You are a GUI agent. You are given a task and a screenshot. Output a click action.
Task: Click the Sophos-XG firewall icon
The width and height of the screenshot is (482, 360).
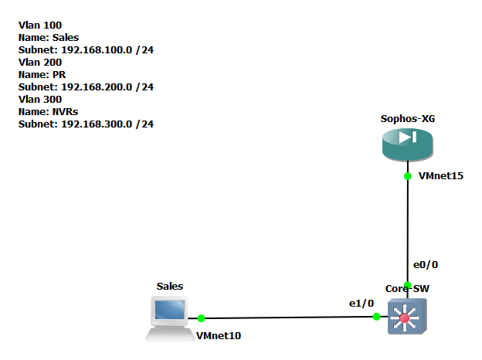[408, 144]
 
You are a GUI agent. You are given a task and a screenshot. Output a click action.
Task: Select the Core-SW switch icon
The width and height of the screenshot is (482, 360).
[408, 316]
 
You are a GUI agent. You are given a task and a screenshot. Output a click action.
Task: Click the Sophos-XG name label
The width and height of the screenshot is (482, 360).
[407, 119]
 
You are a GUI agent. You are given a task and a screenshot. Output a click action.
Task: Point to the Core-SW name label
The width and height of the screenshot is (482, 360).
[407, 288]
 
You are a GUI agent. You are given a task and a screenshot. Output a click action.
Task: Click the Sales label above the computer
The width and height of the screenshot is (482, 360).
[170, 286]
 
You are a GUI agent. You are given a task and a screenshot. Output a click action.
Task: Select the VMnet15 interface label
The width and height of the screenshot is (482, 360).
[440, 176]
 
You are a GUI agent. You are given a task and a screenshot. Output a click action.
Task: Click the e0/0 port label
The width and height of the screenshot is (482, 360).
[426, 264]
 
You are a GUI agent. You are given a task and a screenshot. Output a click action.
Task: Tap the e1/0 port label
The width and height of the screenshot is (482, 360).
[361, 303]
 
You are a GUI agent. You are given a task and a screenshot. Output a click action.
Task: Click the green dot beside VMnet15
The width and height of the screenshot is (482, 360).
[408, 176]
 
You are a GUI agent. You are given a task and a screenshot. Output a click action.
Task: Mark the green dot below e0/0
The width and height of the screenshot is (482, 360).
[408, 285]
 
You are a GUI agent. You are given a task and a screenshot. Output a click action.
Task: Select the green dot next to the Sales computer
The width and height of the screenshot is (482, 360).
[201, 318]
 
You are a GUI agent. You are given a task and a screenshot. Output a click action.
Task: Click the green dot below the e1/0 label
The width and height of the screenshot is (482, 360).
[377, 316]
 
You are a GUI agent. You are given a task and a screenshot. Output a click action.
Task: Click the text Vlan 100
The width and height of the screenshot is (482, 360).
[40, 25]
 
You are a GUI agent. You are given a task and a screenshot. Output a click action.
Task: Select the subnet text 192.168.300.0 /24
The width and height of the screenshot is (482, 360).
[86, 124]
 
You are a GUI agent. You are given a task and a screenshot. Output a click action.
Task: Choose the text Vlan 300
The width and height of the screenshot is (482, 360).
[40, 100]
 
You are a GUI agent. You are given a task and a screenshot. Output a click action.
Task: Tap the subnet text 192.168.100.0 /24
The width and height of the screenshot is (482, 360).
[86, 50]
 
